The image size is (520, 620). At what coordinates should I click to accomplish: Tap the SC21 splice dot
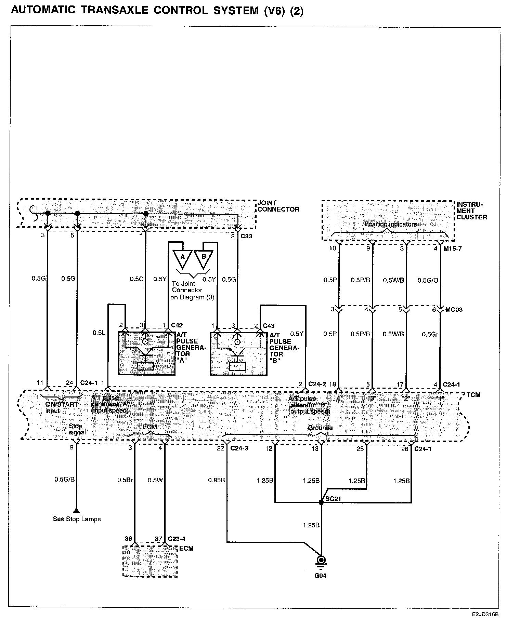point(321,502)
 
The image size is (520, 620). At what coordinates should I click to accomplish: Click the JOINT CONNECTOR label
point(278,206)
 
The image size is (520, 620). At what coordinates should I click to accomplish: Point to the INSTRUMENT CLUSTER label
point(471,211)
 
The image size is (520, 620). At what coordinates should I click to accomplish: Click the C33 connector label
point(246,236)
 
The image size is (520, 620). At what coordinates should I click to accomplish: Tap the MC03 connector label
point(454,310)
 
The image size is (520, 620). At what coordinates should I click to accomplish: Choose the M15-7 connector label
point(453,249)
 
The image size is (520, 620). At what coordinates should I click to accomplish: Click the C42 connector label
point(177,325)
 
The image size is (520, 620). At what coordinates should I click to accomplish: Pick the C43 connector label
point(269,326)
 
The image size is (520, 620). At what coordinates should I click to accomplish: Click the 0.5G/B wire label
point(64,480)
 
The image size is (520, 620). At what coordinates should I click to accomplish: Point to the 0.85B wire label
point(216,481)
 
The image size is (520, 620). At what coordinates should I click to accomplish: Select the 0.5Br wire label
point(125,480)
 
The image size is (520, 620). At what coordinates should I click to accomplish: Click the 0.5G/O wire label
point(428,281)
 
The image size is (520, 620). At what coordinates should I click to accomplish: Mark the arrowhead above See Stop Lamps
point(77,511)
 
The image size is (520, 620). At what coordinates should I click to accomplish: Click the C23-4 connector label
point(177,539)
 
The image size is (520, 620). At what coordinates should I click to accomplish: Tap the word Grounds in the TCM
point(320,428)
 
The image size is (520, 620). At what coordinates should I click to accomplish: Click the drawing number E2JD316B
point(485,614)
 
